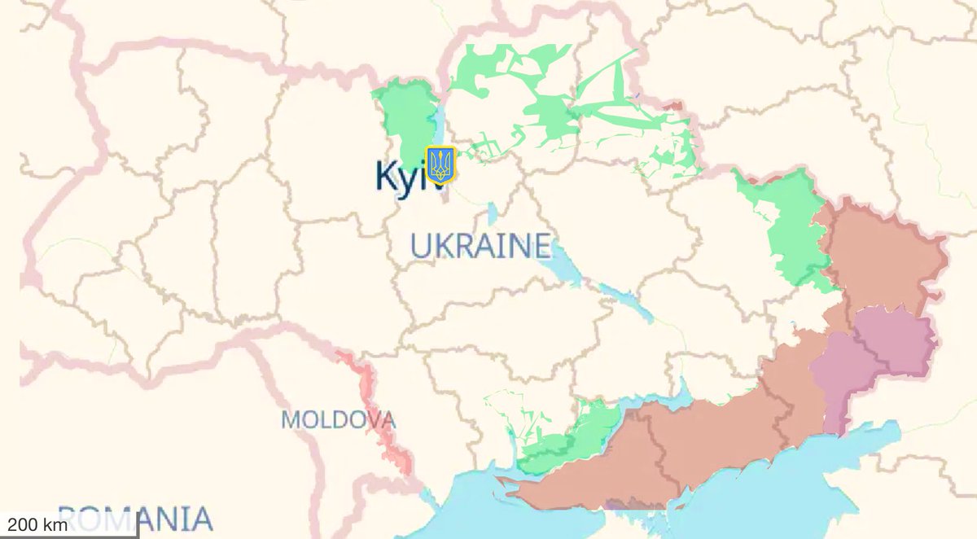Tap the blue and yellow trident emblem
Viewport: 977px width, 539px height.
pos(441,164)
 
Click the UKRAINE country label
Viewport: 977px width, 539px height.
pos(480,245)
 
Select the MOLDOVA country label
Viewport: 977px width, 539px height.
pos(338,420)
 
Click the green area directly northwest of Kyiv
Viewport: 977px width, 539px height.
pos(407,114)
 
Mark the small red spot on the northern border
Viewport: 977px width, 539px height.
pos(673,105)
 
